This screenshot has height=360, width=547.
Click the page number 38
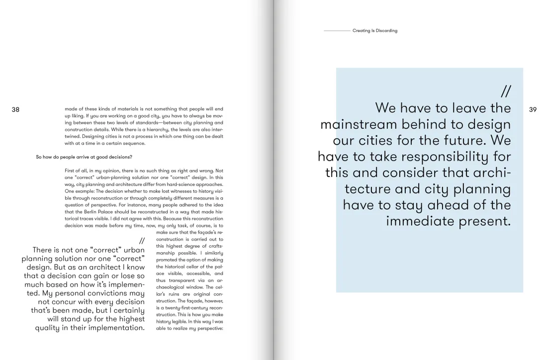coord(15,109)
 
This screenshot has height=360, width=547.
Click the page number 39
coord(533,109)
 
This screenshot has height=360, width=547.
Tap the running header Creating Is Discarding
coord(375,31)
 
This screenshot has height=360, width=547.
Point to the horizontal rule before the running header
coord(337,31)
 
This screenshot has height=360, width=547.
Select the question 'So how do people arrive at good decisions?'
coord(84,157)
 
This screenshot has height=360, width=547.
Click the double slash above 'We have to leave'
coord(506,91)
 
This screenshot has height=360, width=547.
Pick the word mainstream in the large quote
coord(368,124)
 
